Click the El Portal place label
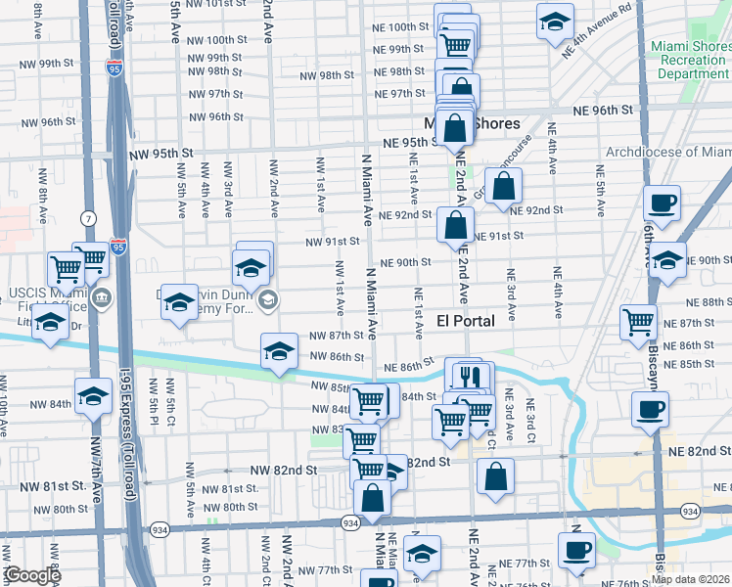(x=465, y=321)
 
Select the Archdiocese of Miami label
(x=668, y=152)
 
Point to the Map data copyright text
(x=690, y=579)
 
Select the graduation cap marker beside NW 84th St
(x=93, y=396)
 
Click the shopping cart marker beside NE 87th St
(x=638, y=320)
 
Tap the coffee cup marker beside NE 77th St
(x=576, y=549)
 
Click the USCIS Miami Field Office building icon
(x=101, y=297)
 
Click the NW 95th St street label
(x=160, y=155)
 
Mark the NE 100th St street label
(x=408, y=27)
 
